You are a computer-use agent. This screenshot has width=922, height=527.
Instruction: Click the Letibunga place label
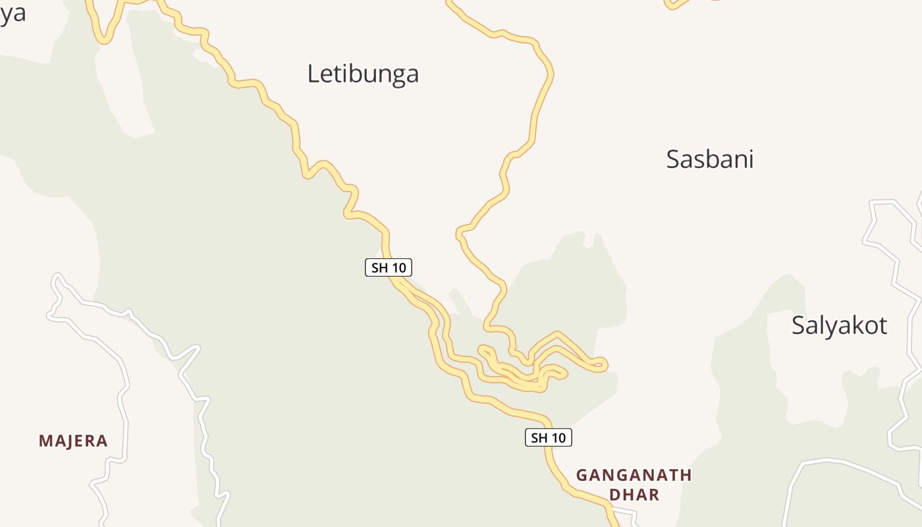click(x=363, y=73)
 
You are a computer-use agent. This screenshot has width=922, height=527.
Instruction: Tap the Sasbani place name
click(x=709, y=159)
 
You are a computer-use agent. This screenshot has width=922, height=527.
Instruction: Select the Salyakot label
click(x=839, y=325)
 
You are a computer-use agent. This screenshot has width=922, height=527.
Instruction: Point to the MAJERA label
click(x=73, y=441)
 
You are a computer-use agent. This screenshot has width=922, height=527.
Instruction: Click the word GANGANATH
click(x=634, y=475)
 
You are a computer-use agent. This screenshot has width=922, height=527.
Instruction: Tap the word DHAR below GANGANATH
click(x=634, y=495)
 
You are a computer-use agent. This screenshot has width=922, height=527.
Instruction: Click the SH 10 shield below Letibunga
click(x=389, y=267)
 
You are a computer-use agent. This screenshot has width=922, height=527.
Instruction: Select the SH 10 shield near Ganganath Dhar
click(x=548, y=437)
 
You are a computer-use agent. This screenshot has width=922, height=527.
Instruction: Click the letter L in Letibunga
click(x=313, y=73)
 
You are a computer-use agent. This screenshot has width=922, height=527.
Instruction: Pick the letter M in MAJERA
click(x=45, y=441)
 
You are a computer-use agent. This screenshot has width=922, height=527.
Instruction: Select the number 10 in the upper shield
click(x=398, y=267)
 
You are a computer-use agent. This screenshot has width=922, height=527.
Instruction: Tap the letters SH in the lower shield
click(x=539, y=437)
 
